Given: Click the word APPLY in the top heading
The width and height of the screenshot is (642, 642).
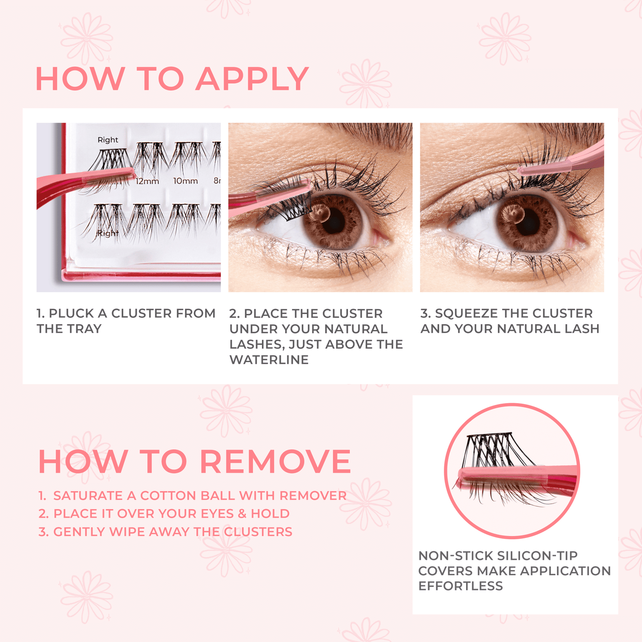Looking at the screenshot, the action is (252, 79).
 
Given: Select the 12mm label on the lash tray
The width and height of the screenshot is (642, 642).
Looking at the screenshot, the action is (147, 181).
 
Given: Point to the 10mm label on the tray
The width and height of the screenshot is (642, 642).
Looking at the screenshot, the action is (185, 181).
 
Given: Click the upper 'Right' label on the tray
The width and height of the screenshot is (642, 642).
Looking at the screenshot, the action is (108, 140).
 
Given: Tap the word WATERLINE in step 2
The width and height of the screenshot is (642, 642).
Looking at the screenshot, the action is (269, 360).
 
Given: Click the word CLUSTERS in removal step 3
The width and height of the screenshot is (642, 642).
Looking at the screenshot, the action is (258, 532).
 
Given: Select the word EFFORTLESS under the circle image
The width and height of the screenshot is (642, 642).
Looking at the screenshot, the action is (461, 586).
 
